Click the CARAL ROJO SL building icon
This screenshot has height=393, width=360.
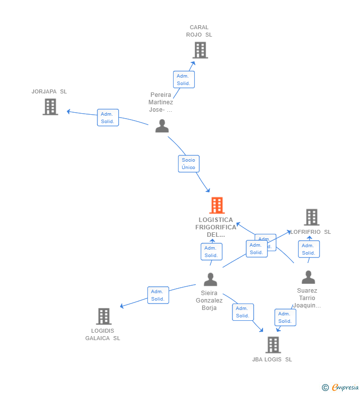pyautogui.click(x=200, y=50)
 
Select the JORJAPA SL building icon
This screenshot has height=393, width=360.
pyautogui.click(x=50, y=107)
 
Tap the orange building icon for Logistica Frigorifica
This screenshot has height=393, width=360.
pyautogui.click(x=217, y=205)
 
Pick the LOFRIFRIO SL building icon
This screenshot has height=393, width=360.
pyautogui.click(x=311, y=217)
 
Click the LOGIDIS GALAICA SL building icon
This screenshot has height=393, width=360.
pyautogui.click(x=103, y=316)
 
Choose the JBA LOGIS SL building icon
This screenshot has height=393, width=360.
pyautogui.click(x=273, y=345)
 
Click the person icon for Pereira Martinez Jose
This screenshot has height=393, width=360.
pyautogui.click(x=162, y=126)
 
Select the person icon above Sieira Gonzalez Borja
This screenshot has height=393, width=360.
pyautogui.click(x=210, y=279)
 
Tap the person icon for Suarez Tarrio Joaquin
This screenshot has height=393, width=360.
pyautogui.click(x=308, y=277)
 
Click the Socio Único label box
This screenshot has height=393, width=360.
pyautogui.click(x=188, y=164)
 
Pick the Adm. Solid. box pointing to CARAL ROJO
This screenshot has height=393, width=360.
pyautogui.click(x=183, y=80)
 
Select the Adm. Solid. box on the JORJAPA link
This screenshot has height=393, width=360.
pyautogui.click(x=108, y=118)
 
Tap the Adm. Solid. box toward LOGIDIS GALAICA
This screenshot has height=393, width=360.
pyautogui.click(x=158, y=295)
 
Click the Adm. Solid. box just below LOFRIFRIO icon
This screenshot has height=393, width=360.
pyautogui.click(x=309, y=249)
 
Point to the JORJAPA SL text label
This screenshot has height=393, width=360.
pyautogui.click(x=49, y=91)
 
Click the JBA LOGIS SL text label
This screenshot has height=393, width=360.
pyautogui.click(x=272, y=359)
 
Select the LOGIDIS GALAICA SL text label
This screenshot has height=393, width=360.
pyautogui.click(x=102, y=335)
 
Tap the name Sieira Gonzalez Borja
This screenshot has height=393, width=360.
pyautogui.click(x=209, y=301)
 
